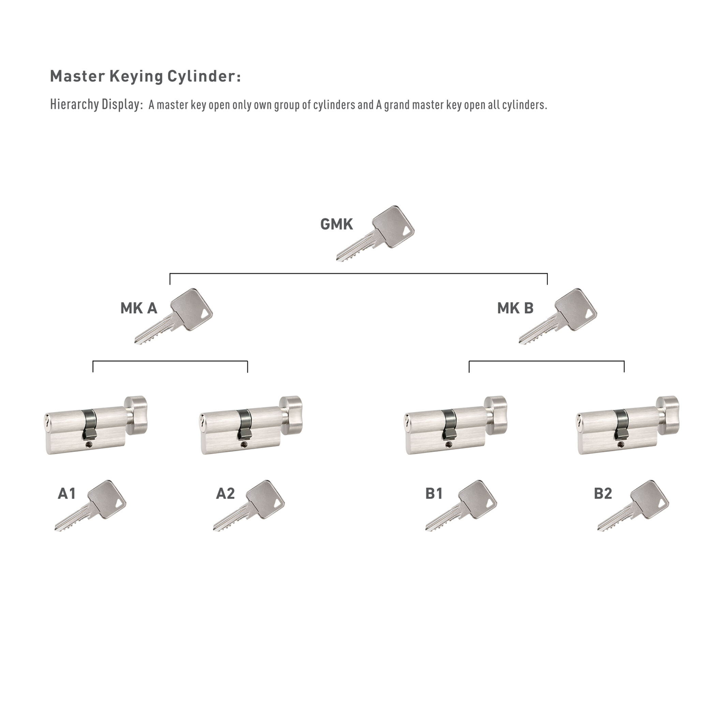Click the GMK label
[336, 225]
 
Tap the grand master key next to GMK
[375, 233]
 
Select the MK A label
[139, 308]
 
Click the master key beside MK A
[174, 317]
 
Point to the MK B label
[515, 308]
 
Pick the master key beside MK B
[558, 317]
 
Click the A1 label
[67, 494]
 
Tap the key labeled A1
[90, 506]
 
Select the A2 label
[225, 494]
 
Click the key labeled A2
[249, 506]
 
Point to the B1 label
[434, 494]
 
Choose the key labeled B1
[461, 506]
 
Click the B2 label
[602, 494]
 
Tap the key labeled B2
[633, 506]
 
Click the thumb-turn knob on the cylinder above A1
[136, 415]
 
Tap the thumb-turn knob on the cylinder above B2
[668, 415]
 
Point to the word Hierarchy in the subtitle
[74, 105]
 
